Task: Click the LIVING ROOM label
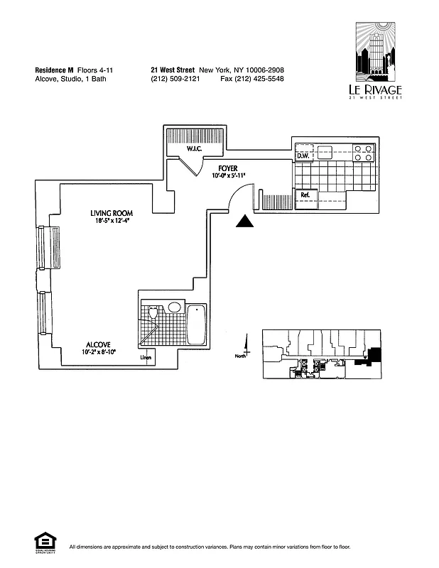(112, 213)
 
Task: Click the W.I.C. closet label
(196, 148)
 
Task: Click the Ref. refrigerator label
(305, 195)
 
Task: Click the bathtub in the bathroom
(196, 324)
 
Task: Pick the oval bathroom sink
(174, 309)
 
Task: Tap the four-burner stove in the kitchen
(364, 154)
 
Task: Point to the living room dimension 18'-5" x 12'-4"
(111, 222)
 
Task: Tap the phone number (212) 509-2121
(175, 79)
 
